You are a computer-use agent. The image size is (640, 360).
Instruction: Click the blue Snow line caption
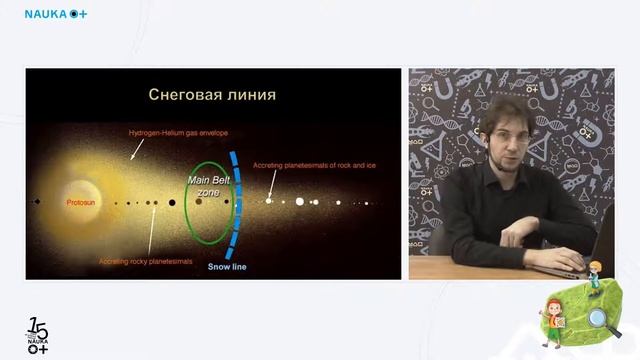227,267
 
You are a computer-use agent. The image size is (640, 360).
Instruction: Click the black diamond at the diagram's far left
37,201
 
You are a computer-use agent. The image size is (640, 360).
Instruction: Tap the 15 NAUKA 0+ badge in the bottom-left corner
38,336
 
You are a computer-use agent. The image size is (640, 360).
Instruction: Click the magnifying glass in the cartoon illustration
598,318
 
